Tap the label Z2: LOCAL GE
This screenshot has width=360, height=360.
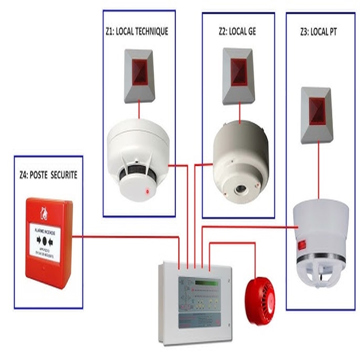click(238, 31)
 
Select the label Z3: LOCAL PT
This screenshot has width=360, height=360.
click(318, 32)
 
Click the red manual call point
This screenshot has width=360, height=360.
click(48, 243)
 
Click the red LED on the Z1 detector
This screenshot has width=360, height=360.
click(147, 192)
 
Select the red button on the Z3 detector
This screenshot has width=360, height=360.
click(301, 245)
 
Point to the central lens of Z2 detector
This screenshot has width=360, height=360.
click(239, 189)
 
